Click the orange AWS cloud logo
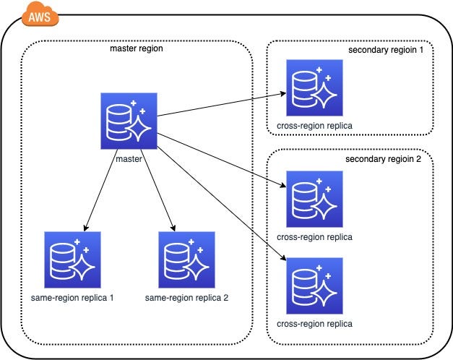click(40, 14)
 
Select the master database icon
click(129, 121)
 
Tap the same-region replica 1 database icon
click(72, 260)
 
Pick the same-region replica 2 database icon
click(186, 260)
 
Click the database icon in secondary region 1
click(314, 88)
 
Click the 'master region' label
click(137, 48)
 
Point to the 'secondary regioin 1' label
click(386, 50)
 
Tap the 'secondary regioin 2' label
click(383, 159)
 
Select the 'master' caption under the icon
click(129, 159)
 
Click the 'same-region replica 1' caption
click(72, 298)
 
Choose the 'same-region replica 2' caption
click(186, 298)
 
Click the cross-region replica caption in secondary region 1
click(314, 126)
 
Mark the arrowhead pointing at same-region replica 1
click(86, 228)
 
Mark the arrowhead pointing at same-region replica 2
click(173, 228)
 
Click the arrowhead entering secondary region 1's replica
click(282, 94)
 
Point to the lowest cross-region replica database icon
click(314, 286)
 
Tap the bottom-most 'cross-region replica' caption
click(314, 324)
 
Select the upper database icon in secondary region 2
click(314, 199)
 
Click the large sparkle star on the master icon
click(139, 128)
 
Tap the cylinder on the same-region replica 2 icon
click(176, 261)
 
